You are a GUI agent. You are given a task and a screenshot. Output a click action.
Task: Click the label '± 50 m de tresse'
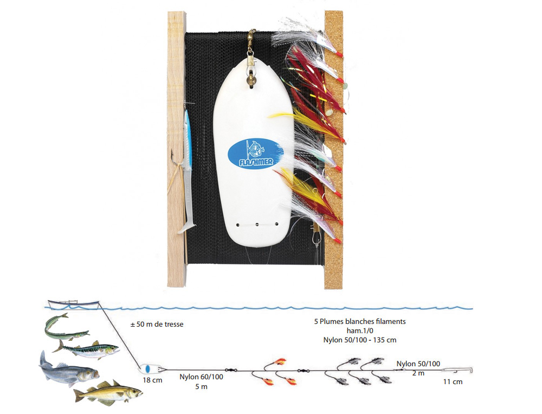point(157,324)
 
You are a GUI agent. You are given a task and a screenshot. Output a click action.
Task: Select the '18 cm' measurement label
point(152,380)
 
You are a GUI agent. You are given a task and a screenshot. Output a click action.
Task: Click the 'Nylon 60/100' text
point(201,377)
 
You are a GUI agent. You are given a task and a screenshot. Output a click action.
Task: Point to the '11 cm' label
point(453,382)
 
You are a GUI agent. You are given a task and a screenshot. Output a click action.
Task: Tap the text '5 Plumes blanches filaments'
point(360,321)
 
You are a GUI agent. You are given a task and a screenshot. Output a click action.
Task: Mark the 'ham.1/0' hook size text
point(360,330)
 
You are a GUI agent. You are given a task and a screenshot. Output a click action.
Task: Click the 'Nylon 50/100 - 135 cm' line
point(360,340)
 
